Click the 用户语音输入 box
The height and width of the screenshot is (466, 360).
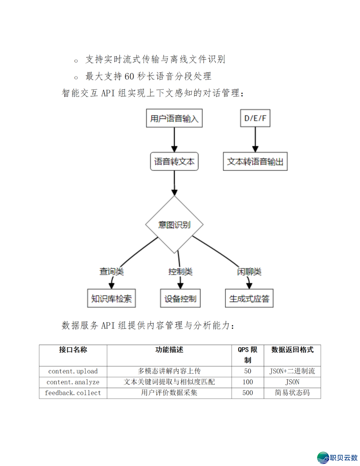174,118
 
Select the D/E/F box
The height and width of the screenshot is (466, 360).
255,118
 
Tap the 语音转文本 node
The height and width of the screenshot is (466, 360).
174,161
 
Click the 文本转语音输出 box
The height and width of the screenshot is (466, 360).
255,161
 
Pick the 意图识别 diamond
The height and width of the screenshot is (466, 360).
174,224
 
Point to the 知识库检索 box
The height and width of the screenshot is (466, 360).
111,298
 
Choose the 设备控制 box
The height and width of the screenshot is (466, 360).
180,298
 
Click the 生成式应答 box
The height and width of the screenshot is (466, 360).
249,298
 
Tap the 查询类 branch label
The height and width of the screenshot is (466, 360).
111,272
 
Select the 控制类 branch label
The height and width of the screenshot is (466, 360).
180,272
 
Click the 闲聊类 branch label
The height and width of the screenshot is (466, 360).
249,272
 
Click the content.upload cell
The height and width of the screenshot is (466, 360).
73,371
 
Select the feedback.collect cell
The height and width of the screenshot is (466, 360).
73,393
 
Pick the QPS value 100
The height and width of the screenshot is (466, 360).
248,382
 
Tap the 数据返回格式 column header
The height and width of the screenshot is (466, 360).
292,350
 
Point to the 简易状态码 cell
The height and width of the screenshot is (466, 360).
292,393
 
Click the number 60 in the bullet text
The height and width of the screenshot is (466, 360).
129,76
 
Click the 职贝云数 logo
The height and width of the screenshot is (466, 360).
337,457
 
